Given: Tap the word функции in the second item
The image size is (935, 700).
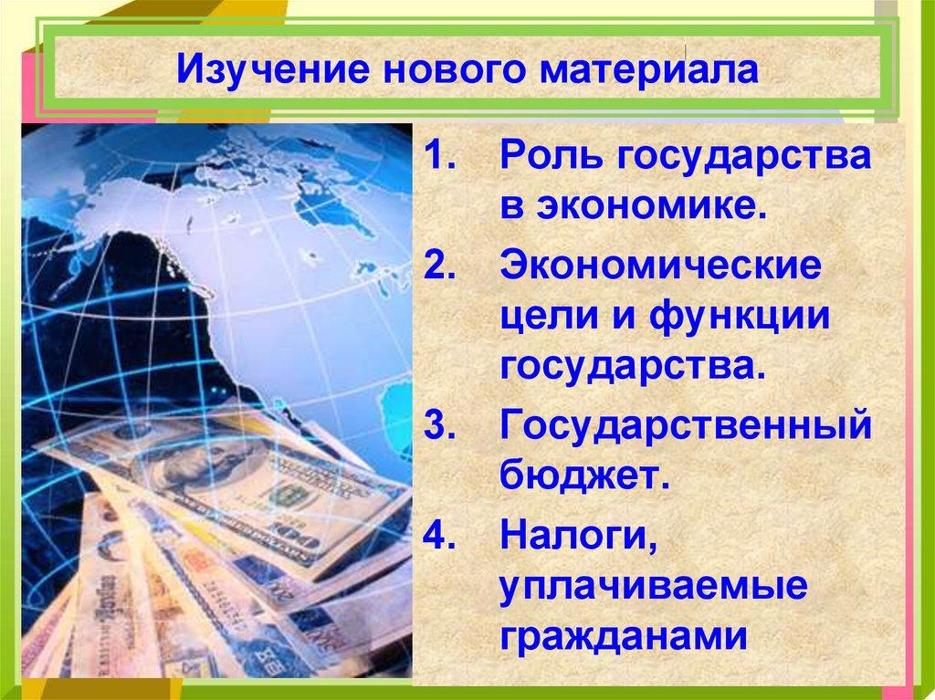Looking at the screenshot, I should click(x=726, y=319).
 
